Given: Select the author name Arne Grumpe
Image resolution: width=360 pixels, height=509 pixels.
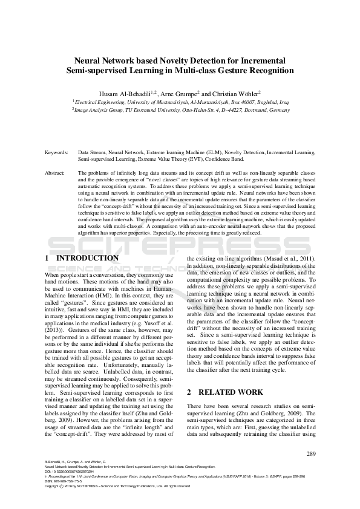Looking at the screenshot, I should click(179, 94).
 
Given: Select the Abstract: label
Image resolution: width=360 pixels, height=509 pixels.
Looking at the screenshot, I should click(55, 172).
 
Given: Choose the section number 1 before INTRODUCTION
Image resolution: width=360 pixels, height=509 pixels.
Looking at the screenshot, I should click(47, 258).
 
